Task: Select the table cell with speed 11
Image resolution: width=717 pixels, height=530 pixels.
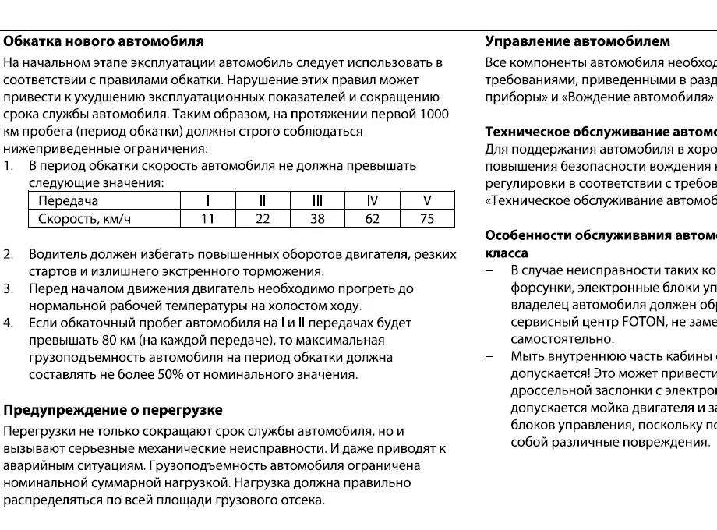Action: pos(207,219)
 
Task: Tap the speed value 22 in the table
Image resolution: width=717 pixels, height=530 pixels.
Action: pos(263,219)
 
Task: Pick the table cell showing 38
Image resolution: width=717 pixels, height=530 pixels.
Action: pos(317,219)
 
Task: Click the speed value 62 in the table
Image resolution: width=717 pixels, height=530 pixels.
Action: pos(372,219)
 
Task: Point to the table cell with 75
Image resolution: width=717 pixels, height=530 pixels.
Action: pos(426,219)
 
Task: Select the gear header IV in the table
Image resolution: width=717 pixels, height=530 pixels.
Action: pos(372,201)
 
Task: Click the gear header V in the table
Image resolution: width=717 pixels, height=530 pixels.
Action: pos(426,201)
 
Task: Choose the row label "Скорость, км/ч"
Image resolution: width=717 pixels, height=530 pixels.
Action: pos(85,219)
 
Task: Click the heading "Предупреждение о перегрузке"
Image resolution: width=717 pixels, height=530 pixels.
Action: pos(113,410)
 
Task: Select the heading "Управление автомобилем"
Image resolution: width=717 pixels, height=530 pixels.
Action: pos(577,41)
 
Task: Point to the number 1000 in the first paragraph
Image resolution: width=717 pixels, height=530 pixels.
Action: pos(433,115)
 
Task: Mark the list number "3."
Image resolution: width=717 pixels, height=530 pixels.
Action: pos(9,288)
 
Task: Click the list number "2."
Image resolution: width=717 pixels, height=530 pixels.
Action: pos(9,254)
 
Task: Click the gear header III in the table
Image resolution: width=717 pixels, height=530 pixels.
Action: pos(317,201)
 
